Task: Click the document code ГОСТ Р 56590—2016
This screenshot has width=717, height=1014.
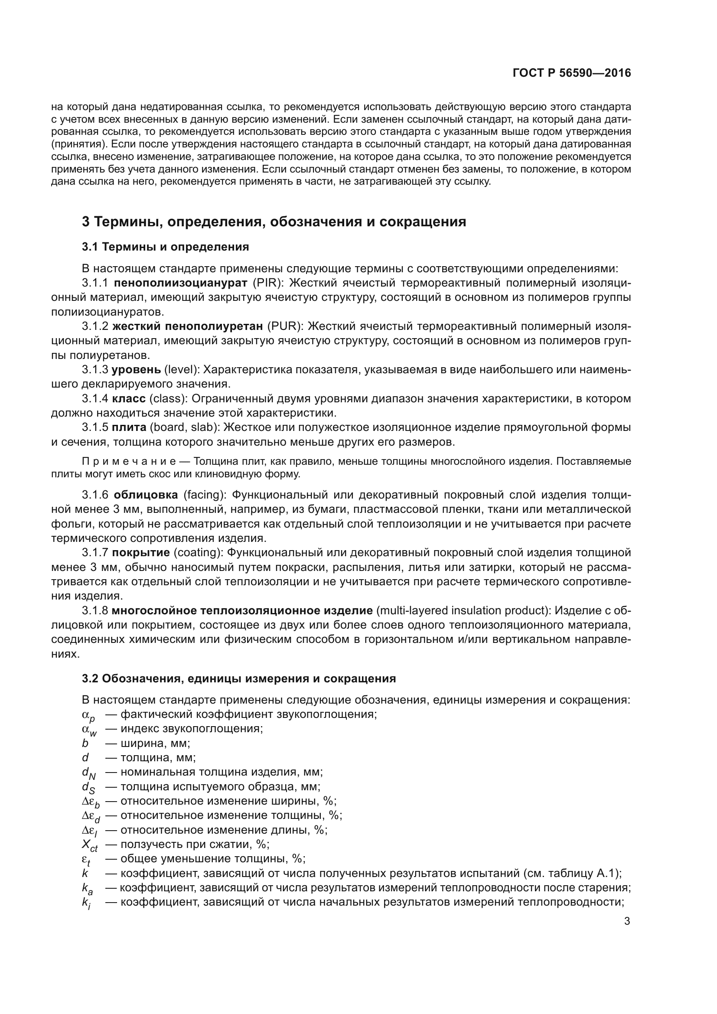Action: (572, 73)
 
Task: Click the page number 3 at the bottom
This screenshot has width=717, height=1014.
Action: (627, 921)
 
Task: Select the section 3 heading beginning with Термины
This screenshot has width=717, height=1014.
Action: (274, 222)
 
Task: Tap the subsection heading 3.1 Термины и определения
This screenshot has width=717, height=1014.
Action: (165, 247)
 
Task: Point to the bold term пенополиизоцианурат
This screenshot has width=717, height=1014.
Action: (180, 283)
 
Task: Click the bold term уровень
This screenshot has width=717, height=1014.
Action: (136, 370)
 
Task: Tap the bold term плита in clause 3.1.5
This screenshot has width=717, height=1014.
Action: (129, 427)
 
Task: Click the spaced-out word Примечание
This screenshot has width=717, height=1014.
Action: (129, 462)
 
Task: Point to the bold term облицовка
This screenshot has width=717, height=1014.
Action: (146, 495)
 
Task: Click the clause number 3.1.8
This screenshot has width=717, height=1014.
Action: (95, 610)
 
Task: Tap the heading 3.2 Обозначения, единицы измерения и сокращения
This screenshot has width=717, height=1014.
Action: (238, 678)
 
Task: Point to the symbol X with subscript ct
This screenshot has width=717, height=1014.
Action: (90, 845)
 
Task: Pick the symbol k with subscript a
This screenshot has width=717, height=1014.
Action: (87, 889)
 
